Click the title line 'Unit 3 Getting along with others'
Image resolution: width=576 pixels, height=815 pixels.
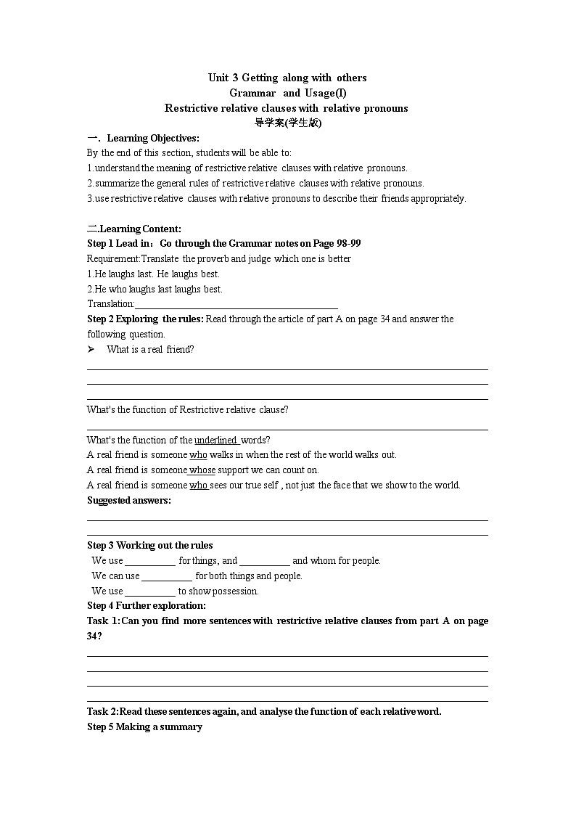[x=287, y=78]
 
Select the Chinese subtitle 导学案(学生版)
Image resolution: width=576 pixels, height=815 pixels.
[x=287, y=123]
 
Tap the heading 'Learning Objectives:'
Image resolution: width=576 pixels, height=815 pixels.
[x=153, y=138]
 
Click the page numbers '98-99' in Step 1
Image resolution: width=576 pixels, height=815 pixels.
[x=347, y=243]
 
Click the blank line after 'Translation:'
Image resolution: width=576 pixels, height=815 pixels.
[x=236, y=305]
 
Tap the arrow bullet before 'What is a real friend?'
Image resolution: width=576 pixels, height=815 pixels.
[x=91, y=349]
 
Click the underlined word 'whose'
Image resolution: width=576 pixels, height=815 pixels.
[x=202, y=470]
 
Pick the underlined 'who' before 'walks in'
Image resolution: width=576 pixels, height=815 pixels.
[x=198, y=455]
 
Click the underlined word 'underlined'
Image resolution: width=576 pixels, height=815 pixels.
[x=215, y=440]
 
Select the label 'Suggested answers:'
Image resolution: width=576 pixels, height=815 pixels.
[x=129, y=500]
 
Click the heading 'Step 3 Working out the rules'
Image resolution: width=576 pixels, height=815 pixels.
[x=150, y=546]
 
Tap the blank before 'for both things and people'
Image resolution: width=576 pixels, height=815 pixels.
[x=167, y=577]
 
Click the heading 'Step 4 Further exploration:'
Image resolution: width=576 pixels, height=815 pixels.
[x=147, y=606]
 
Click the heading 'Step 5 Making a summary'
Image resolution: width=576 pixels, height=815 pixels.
[x=144, y=727]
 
